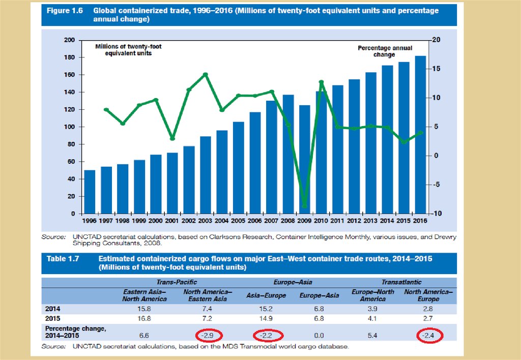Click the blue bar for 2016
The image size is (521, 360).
(x=420, y=135)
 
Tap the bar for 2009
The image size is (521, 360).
(x=305, y=159)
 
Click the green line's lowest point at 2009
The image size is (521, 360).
(x=305, y=206)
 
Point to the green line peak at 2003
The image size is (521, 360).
(x=206, y=74)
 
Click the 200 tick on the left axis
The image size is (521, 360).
(x=70, y=40)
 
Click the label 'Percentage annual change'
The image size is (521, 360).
(x=385, y=51)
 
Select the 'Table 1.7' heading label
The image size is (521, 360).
(x=63, y=259)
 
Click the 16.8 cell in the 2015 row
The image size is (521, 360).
(x=144, y=318)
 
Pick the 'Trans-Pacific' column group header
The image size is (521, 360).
(x=177, y=282)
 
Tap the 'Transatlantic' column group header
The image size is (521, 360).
(x=401, y=282)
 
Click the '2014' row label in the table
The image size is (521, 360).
(x=53, y=309)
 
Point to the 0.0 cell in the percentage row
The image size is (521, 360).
(x=320, y=336)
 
